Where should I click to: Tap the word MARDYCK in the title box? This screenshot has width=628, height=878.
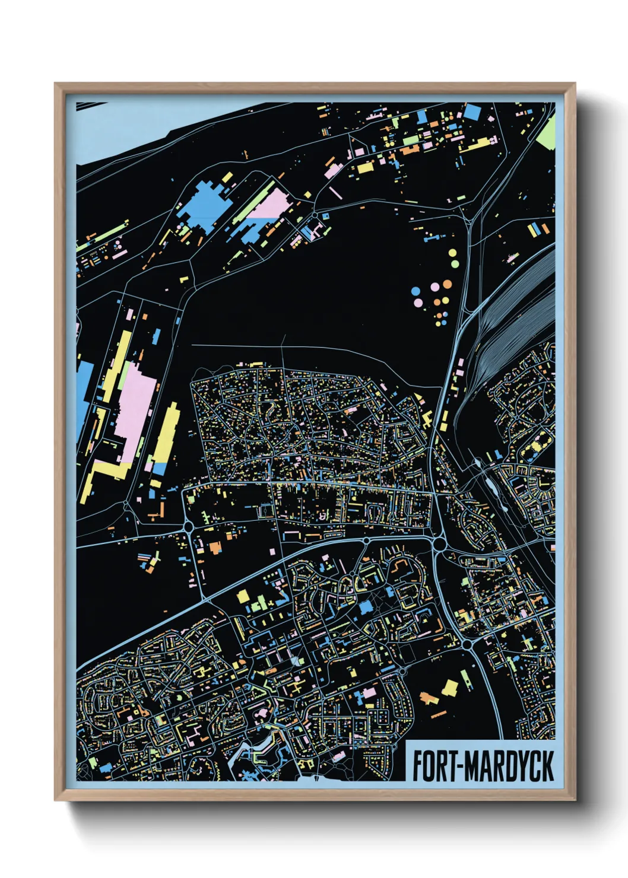tap(509, 766)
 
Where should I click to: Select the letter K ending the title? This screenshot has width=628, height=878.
tap(547, 766)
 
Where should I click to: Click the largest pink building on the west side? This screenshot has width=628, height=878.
tap(137, 409)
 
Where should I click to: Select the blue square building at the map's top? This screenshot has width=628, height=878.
tap(472, 112)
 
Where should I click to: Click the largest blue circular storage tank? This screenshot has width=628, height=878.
tap(416, 291)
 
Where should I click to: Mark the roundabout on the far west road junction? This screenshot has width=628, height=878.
tap(189, 526)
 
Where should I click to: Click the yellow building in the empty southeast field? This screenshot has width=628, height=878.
tap(451, 688)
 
